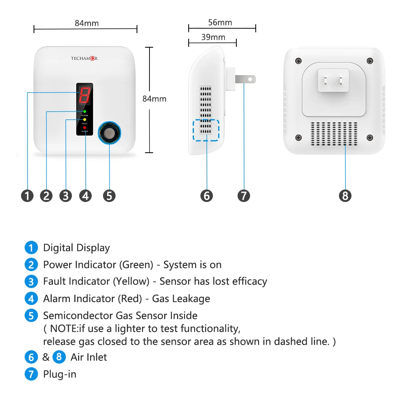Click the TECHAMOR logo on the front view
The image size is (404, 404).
click(84, 59)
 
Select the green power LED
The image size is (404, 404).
click(84, 111)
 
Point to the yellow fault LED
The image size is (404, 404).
click(84, 120)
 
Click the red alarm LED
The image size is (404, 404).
click(84, 128)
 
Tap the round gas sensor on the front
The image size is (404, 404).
click(109, 132)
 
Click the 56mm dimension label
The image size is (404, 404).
click(220, 23)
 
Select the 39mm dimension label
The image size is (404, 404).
click(213, 38)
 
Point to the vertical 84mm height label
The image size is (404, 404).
click(154, 99)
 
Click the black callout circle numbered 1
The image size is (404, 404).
click(27, 196)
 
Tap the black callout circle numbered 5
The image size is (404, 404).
click(109, 196)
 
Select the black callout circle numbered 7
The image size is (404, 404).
click(244, 196)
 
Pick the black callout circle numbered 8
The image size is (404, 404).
click(345, 196)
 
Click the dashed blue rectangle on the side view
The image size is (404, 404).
click(206, 130)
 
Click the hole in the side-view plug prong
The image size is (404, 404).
click(250, 79)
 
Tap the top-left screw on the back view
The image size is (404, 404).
click(299, 61)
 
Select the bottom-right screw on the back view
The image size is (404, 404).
click(370, 138)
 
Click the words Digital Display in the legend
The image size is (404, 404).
click(76, 248)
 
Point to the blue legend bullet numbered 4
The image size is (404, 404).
click(31, 299)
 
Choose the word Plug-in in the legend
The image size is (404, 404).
click(60, 374)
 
